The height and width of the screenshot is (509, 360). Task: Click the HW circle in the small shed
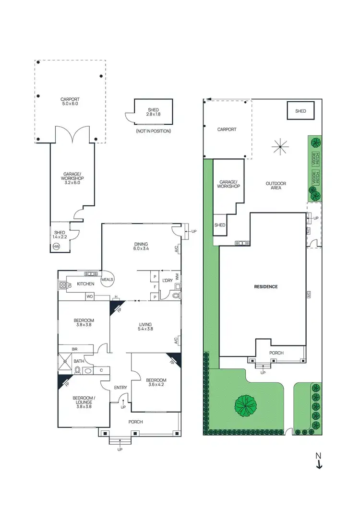point(56,247)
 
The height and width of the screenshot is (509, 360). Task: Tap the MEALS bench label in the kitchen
point(106,280)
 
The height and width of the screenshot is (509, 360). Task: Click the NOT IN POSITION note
point(153,131)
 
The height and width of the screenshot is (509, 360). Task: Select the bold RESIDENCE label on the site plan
point(265,287)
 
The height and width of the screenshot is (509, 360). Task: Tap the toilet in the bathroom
point(78,370)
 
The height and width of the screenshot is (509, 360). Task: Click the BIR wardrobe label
point(74,349)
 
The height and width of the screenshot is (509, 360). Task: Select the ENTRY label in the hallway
point(120,388)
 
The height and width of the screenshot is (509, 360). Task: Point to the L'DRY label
point(167,280)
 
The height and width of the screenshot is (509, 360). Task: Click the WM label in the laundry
point(177,277)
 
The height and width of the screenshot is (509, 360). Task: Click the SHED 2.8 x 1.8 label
point(153,112)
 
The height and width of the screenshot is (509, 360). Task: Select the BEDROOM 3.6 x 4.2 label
point(156,383)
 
